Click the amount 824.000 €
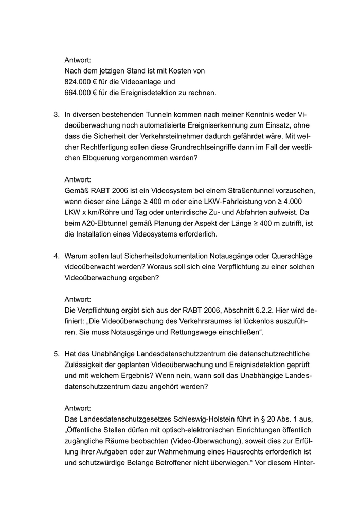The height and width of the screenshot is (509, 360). (x=81, y=82)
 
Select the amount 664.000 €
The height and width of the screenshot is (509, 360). (x=81, y=93)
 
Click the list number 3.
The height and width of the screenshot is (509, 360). (x=56, y=115)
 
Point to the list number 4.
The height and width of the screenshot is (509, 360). (x=56, y=256)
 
